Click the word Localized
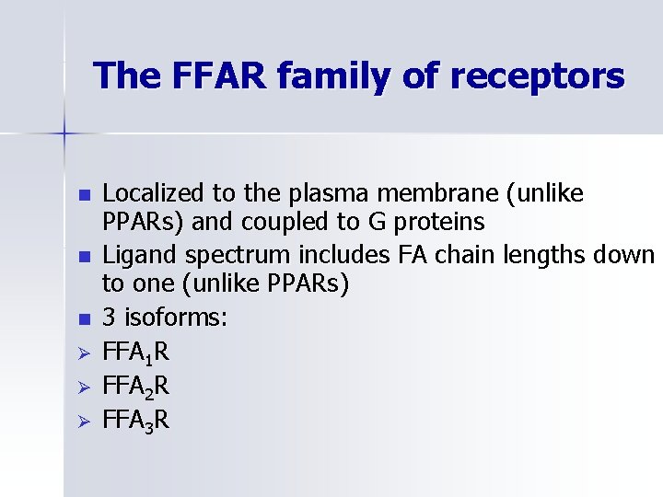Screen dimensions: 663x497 point(154,193)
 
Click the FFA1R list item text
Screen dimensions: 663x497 point(135,352)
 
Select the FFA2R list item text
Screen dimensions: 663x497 point(135,386)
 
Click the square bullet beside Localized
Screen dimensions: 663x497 point(84,195)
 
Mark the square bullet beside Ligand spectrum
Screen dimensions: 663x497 point(84,256)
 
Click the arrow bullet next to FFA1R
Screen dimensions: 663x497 point(84,353)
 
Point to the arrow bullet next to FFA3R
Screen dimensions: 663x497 point(84,421)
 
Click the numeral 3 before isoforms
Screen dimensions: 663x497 point(110,318)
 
